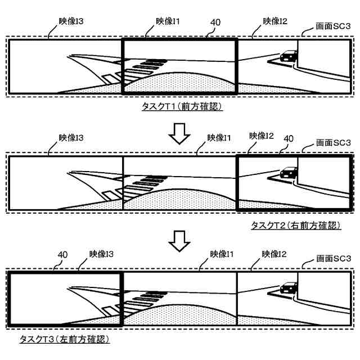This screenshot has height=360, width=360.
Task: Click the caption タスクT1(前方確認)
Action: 182,106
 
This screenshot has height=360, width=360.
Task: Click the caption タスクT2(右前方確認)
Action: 295,226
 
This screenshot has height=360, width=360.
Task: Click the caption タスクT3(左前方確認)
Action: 64,339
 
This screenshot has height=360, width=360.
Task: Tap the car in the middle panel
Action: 289,171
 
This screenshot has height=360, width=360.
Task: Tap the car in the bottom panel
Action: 289,287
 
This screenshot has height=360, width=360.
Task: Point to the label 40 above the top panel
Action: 214,22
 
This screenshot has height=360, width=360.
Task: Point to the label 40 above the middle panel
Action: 289,138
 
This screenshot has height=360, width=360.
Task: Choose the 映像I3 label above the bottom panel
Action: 101,254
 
